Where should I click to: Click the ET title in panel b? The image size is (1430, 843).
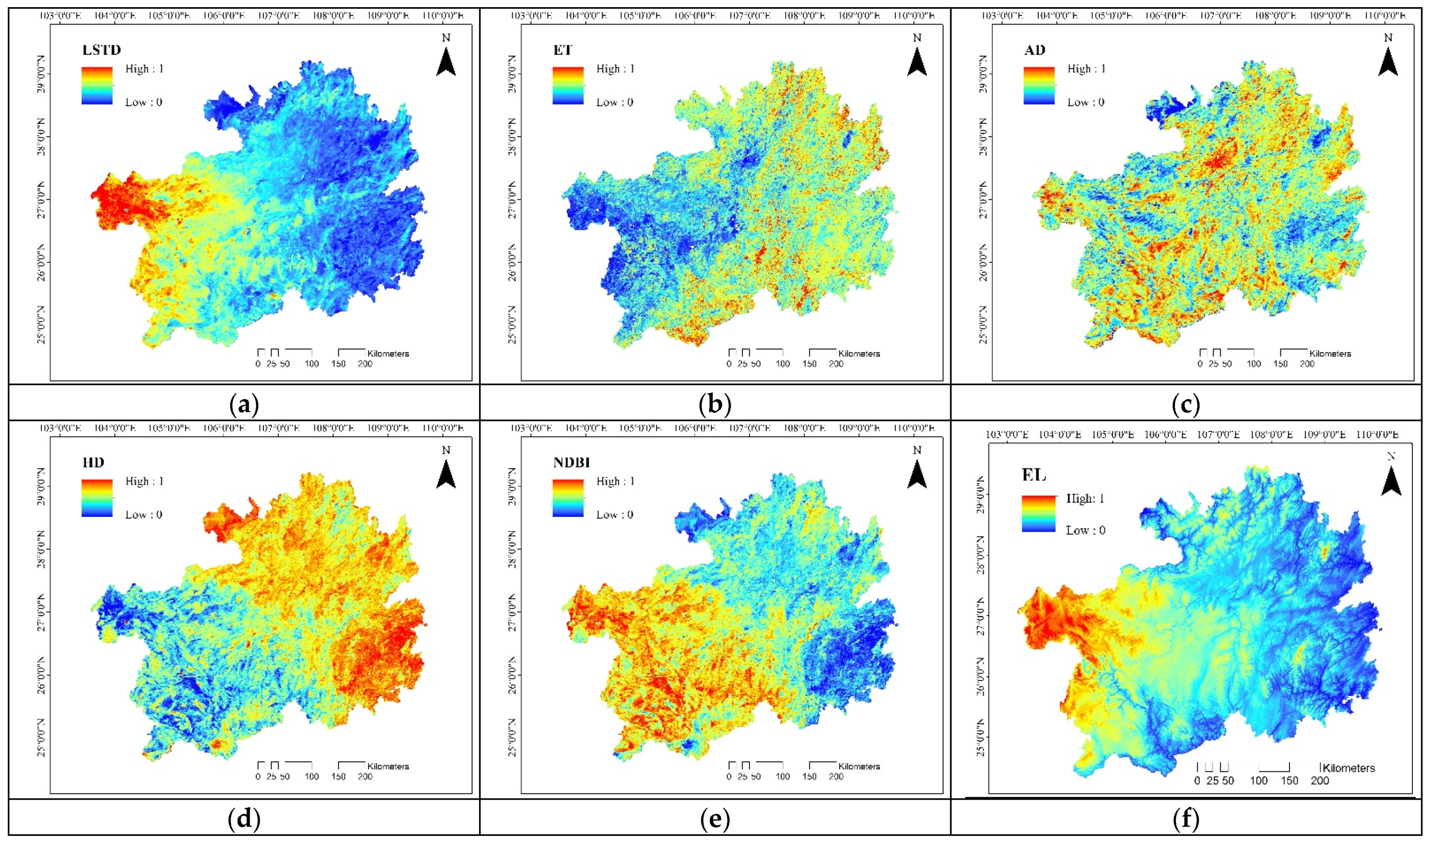point(563,50)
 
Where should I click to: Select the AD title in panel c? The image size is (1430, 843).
point(1034,50)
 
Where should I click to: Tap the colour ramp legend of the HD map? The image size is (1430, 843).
point(97,498)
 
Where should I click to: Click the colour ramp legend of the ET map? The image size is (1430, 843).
point(568,85)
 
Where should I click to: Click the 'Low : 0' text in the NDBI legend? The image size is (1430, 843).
point(614,515)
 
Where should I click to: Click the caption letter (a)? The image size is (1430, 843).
point(244,405)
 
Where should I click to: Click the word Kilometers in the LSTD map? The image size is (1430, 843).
point(388,353)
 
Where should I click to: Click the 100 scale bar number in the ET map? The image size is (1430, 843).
point(782,364)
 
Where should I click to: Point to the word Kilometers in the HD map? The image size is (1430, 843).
point(388,766)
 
